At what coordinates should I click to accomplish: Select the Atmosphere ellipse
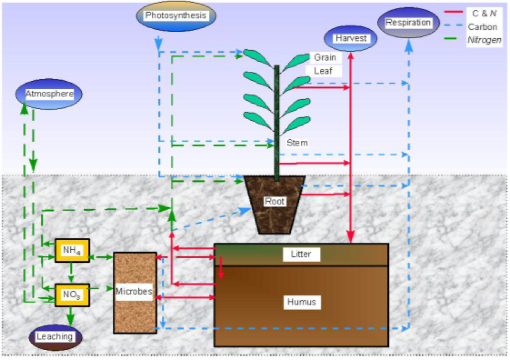tap(49, 94)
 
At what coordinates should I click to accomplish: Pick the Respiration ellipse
tap(408, 23)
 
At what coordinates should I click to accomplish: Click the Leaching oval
tap(55, 337)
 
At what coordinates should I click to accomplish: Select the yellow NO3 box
tap(72, 295)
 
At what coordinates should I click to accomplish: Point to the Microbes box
tap(134, 292)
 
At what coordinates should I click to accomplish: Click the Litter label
tap(301, 254)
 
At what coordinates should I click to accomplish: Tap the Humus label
tap(302, 302)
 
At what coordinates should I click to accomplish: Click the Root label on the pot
tap(275, 201)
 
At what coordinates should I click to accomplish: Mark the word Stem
tap(297, 143)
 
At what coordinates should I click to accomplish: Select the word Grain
tap(325, 57)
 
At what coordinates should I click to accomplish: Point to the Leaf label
tap(323, 71)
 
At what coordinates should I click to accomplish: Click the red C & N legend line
tap(453, 12)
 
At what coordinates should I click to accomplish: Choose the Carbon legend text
tap(483, 27)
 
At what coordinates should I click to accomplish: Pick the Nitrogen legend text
tap(484, 40)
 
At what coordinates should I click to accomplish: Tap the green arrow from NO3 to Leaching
tap(71, 315)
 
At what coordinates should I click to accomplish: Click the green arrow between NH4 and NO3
tap(71, 273)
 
